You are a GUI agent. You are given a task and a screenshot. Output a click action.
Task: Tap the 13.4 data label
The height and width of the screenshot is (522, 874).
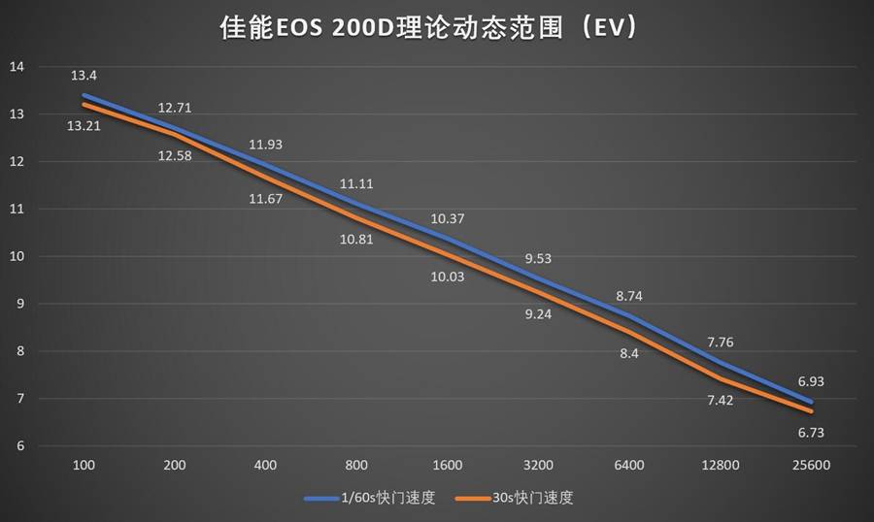coord(83,76)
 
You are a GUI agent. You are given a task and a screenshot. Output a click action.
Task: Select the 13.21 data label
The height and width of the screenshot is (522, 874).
coord(84,126)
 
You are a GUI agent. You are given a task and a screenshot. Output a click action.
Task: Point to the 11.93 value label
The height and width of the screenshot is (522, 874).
coord(265,145)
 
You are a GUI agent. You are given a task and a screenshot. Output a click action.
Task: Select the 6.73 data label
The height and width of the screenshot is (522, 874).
coord(810,432)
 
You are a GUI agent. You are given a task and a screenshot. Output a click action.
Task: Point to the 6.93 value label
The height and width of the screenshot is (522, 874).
coord(810,381)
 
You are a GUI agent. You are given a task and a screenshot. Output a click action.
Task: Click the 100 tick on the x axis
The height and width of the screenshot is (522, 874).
coord(84,466)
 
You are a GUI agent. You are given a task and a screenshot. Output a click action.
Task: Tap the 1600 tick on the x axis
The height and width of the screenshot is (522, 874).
coord(447,466)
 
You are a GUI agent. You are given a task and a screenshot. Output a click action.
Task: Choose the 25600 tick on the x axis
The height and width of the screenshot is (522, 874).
coord(810,466)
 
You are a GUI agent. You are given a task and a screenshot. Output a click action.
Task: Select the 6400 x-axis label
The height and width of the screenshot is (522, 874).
coord(628,466)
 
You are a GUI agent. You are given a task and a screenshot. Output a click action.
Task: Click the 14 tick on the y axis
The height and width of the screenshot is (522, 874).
coord(17,67)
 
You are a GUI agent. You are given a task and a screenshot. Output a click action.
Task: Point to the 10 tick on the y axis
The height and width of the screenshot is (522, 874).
coord(17,256)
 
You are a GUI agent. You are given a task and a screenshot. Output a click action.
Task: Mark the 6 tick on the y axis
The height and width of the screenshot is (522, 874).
coord(18,446)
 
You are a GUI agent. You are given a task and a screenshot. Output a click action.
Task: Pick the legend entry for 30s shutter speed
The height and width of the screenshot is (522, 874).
coord(525,499)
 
